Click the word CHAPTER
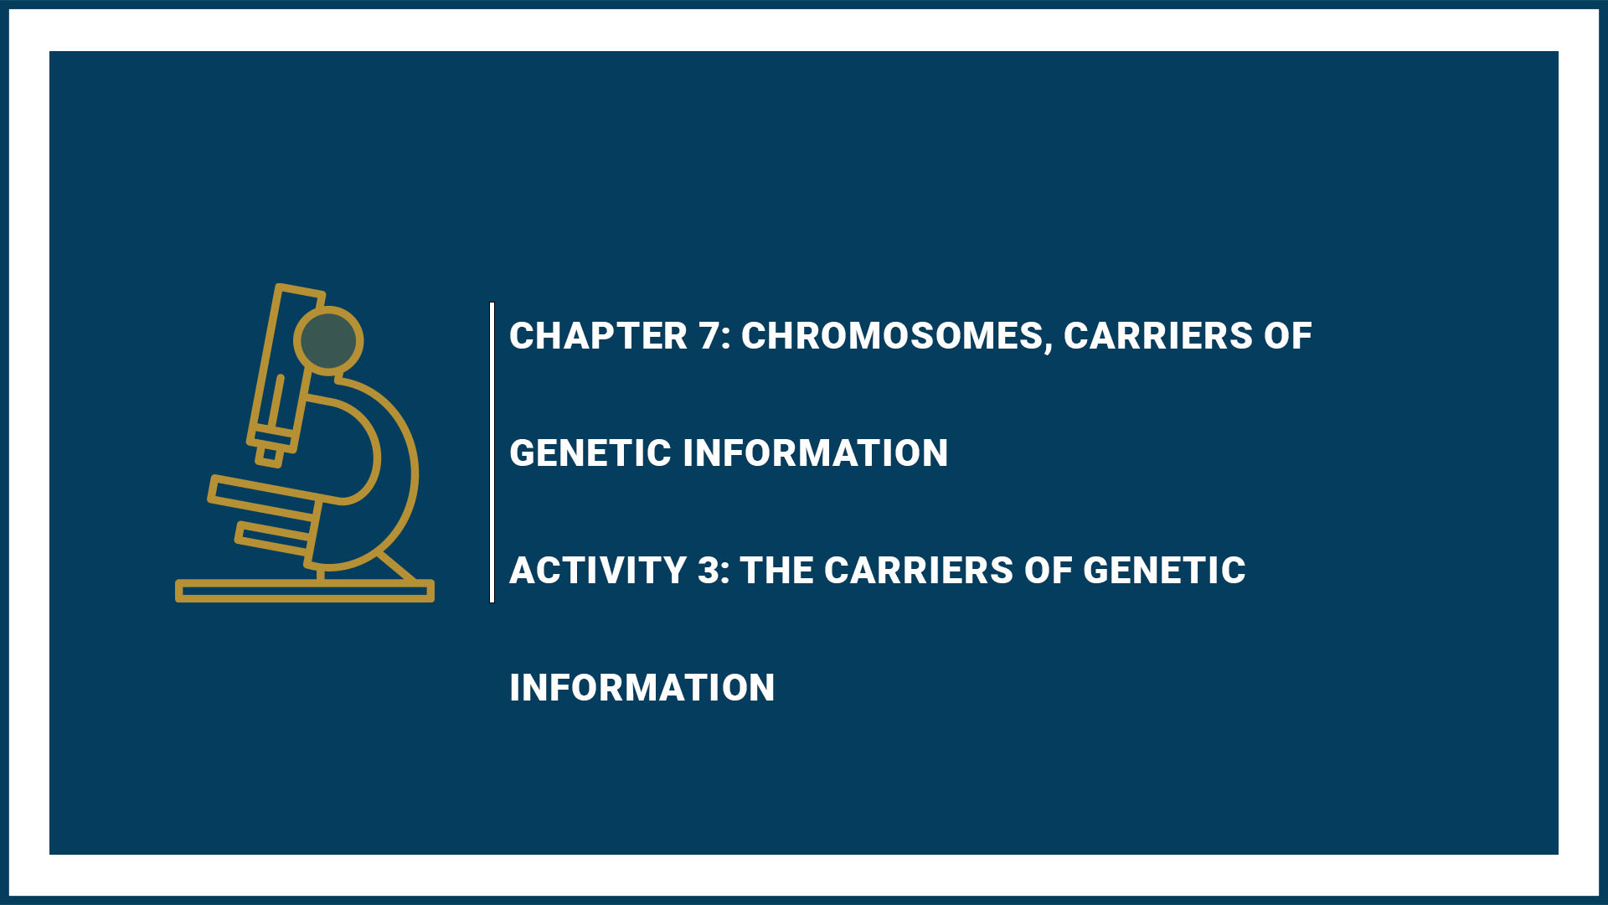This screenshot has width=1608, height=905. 598,336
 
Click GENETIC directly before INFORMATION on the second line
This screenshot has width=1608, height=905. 590,453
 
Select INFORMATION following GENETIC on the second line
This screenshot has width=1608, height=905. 816,453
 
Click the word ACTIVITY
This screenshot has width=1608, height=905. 598,571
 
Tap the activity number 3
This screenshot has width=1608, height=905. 713,571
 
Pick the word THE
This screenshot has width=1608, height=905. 777,571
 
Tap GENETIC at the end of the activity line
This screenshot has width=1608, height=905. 1164,571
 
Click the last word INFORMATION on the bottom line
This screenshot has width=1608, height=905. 642,688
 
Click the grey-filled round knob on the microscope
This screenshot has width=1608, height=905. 328,340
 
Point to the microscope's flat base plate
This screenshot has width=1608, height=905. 305,591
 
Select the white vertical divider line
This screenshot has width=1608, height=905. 492,452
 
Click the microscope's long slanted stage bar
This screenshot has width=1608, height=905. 265,494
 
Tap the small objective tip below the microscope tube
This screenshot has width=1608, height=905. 270,455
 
